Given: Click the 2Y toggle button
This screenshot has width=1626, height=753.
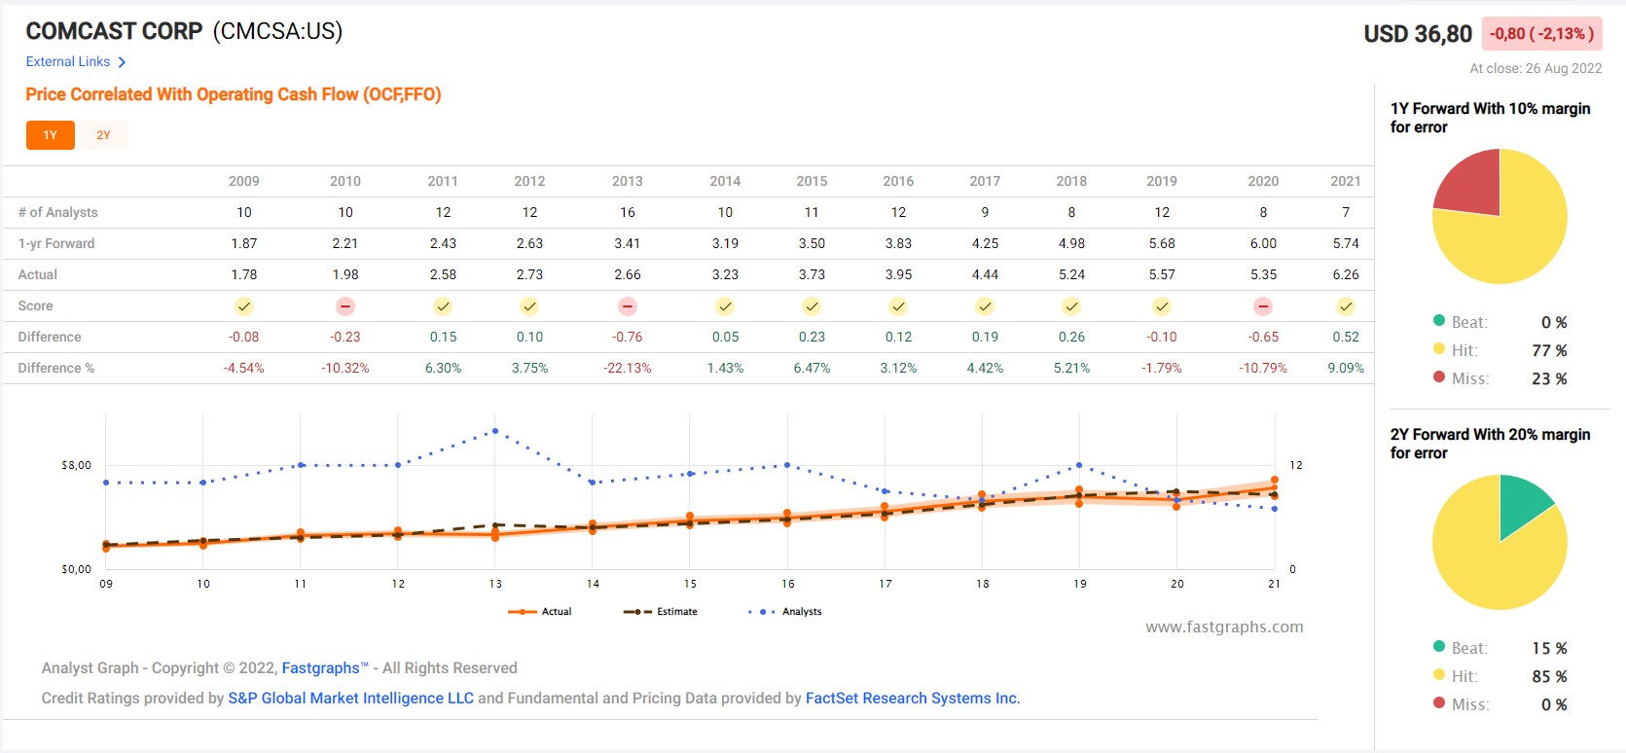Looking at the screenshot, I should (x=103, y=135).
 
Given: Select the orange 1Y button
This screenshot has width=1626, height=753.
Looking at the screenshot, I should (x=51, y=135).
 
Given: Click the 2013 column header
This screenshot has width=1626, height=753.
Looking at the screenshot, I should (x=627, y=181).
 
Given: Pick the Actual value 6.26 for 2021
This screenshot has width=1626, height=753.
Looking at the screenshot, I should (x=1345, y=274).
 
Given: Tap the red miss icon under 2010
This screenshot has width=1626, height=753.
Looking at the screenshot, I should (x=344, y=306).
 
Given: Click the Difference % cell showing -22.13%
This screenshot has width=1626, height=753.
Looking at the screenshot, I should (x=627, y=368).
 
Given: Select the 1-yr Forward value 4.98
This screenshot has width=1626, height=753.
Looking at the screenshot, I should (x=1071, y=243).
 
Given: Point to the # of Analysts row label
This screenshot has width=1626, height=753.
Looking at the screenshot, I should (x=57, y=212).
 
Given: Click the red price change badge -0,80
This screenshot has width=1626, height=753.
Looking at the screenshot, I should (x=1541, y=34).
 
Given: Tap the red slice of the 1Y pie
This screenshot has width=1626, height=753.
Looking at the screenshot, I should (x=1470, y=185).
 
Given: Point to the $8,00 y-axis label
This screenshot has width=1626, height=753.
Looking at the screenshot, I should (x=76, y=465).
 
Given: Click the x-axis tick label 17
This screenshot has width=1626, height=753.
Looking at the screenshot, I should (x=885, y=584).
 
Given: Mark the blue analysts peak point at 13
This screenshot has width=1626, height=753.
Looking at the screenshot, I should (x=495, y=431).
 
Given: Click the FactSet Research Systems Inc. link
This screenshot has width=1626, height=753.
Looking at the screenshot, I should (x=912, y=699).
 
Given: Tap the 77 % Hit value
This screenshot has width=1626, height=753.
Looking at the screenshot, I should (x=1549, y=350).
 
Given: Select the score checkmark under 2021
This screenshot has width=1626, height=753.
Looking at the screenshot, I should (x=1345, y=306).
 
